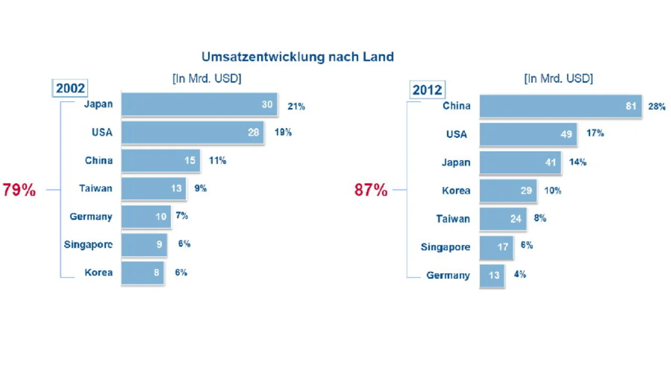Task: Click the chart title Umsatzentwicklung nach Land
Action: pos(297,57)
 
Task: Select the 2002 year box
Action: pos(70,88)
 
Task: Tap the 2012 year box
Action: pos(427,90)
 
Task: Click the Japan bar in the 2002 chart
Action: pos(199,104)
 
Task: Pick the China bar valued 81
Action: pos(560,106)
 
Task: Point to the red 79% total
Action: pos(19,190)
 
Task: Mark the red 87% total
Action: pos(371,190)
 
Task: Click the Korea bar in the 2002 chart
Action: pos(143,273)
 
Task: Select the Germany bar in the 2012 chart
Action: pos(492,275)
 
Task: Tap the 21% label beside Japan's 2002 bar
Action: pos(296,107)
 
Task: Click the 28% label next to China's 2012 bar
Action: pos(657,107)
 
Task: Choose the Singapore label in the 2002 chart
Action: pos(88,245)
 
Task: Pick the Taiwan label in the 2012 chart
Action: pos(453,219)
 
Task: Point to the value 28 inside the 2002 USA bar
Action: pos(254,132)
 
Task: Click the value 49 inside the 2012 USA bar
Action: pos(566,135)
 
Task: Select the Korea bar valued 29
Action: pos(508,191)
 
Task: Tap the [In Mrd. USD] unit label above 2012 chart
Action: pos(558,79)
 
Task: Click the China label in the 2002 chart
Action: pos(99,160)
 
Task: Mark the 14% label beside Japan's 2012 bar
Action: pos(578,162)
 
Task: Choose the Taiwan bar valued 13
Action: pos(154,188)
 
